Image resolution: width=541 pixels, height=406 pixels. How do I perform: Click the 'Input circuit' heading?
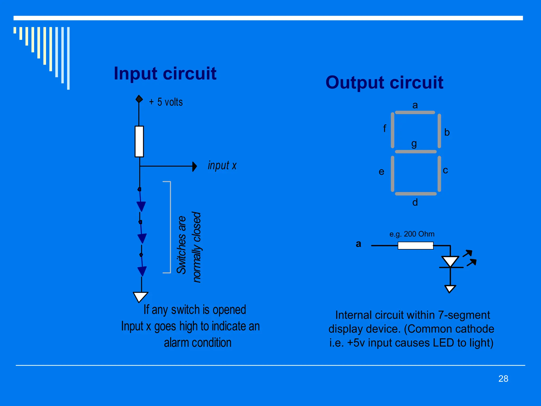click(165, 73)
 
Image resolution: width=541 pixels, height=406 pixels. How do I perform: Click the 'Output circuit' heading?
click(384, 82)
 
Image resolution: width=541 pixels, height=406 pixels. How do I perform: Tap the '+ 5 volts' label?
click(166, 102)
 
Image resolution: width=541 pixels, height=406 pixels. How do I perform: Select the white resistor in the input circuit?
click(139, 141)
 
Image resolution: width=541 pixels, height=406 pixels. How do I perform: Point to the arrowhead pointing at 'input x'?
click(195, 167)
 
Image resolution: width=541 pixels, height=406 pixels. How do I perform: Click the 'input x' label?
click(222, 166)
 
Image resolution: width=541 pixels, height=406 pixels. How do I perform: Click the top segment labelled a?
click(415, 113)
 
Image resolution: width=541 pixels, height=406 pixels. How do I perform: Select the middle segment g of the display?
click(416, 152)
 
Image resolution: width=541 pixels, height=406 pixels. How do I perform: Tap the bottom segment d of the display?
click(416, 194)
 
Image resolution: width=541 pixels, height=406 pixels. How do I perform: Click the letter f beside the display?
click(385, 129)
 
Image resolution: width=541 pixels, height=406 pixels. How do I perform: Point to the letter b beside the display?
click(447, 132)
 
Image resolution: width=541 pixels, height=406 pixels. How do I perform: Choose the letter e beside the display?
click(381, 172)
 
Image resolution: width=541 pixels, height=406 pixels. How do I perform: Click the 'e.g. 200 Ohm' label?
click(412, 234)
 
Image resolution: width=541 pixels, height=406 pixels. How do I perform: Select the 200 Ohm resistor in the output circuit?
click(416, 246)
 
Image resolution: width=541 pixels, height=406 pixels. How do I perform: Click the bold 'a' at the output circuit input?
click(358, 244)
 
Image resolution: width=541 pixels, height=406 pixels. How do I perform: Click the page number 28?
click(503, 379)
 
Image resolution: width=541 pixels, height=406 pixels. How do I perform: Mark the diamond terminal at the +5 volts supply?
click(139, 99)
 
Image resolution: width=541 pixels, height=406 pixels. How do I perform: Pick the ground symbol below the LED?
click(450, 289)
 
